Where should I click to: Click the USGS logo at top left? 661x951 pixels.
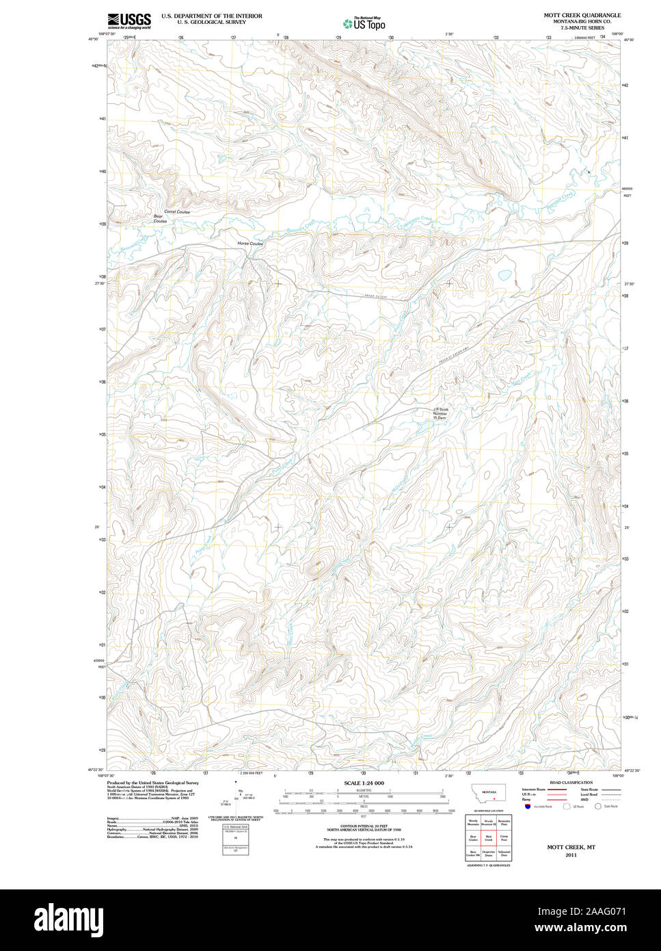(x=129, y=21)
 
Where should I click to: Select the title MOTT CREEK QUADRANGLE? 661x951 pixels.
(x=582, y=14)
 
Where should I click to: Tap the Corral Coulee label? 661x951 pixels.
(x=177, y=212)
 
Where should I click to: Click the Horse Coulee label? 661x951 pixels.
(x=250, y=244)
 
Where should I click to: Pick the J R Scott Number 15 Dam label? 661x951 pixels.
(x=440, y=414)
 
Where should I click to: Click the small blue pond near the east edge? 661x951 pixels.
(x=504, y=276)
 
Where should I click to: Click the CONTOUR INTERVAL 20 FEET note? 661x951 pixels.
(x=364, y=826)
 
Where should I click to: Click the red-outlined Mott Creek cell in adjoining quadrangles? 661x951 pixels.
(x=488, y=837)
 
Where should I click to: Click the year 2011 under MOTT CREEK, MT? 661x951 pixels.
(x=571, y=855)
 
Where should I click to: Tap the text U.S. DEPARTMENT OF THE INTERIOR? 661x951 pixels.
(x=211, y=15)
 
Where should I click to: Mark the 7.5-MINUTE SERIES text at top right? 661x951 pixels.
(x=582, y=27)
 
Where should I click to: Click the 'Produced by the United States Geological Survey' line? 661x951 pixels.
(x=152, y=783)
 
